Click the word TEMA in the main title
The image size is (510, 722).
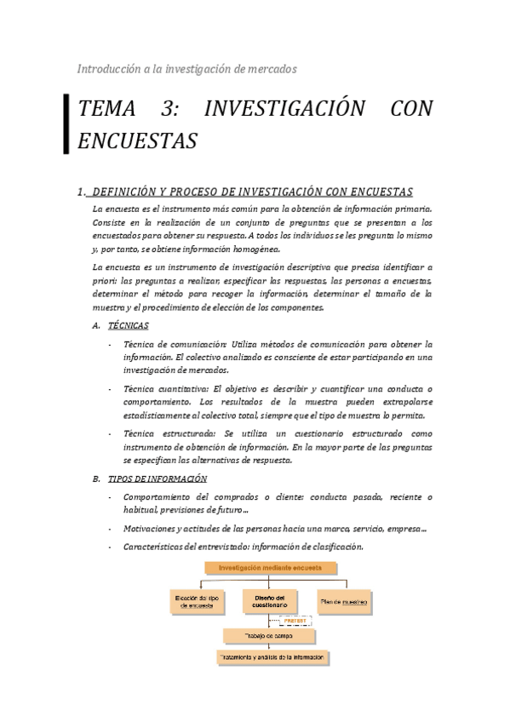click(108, 110)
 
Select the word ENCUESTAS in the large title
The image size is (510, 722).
click(137, 140)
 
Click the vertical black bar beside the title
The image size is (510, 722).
click(66, 123)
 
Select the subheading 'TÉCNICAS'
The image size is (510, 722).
click(129, 326)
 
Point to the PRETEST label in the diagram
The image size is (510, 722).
click(294, 622)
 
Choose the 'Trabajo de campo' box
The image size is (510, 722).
click(268, 636)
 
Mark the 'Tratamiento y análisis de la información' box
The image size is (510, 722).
click(272, 658)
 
